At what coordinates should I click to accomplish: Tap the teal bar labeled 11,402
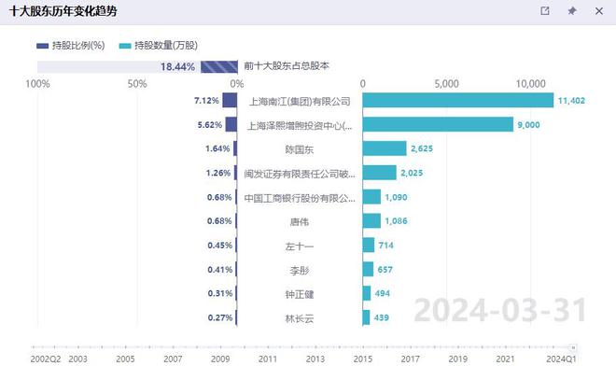click(x=457, y=100)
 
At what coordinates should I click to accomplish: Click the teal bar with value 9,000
click(x=438, y=124)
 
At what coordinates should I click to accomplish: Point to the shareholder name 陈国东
click(x=300, y=148)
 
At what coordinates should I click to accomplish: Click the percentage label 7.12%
click(x=206, y=100)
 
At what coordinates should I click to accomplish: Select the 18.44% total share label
click(x=177, y=67)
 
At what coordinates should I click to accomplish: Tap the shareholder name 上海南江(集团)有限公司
click(x=300, y=101)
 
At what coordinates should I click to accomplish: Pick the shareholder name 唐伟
click(x=300, y=222)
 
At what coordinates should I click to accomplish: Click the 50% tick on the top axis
click(x=137, y=84)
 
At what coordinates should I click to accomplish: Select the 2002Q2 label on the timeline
click(x=46, y=358)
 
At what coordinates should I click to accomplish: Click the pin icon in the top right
click(x=572, y=11)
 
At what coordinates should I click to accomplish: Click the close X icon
click(x=598, y=11)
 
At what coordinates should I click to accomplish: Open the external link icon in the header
click(x=546, y=11)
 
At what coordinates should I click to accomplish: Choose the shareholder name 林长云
click(x=300, y=318)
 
